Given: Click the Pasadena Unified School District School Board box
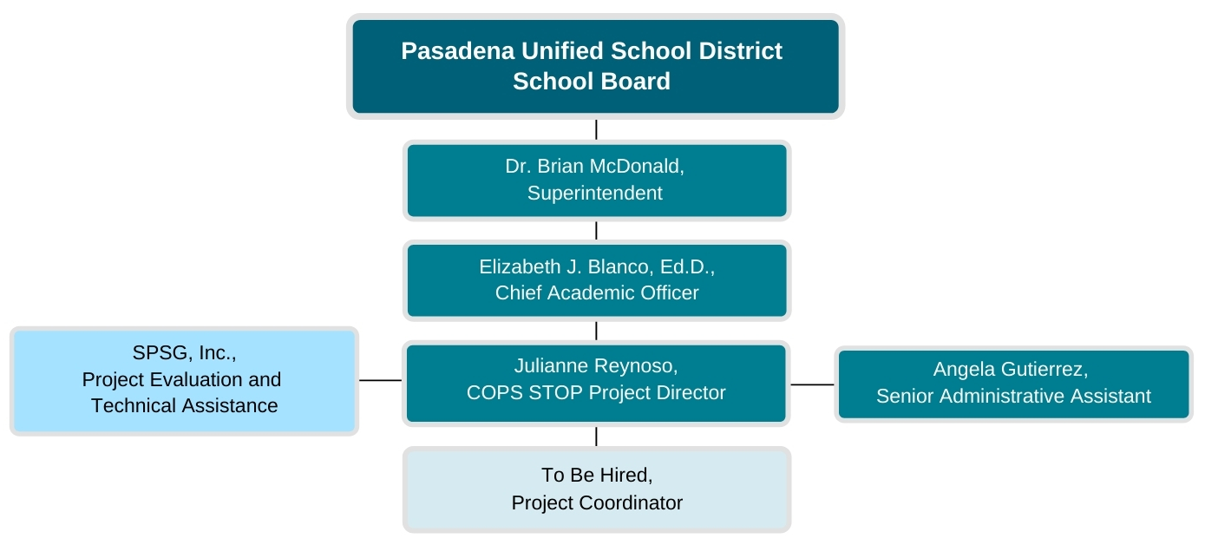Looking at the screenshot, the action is click(595, 66).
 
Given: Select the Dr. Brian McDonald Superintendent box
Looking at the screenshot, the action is click(597, 181).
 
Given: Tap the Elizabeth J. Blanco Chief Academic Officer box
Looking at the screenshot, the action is click(597, 280).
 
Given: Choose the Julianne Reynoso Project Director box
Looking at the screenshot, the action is click(596, 383).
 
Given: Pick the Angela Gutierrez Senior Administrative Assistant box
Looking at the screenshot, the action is click(1013, 384).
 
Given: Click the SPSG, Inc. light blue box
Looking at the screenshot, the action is click(184, 381).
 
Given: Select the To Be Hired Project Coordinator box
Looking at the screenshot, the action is click(597, 489).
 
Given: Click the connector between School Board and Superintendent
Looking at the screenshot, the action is click(596, 129).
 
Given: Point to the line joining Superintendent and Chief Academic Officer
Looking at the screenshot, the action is click(596, 230).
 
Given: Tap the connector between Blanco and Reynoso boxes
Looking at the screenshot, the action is click(596, 331).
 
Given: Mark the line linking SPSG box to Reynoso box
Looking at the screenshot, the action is click(380, 380).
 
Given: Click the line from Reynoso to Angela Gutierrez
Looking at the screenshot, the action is click(812, 384).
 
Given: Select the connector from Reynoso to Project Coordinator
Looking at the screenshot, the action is click(596, 437).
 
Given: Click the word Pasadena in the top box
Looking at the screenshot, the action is click(457, 51).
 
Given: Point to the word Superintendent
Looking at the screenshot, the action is click(594, 194).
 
